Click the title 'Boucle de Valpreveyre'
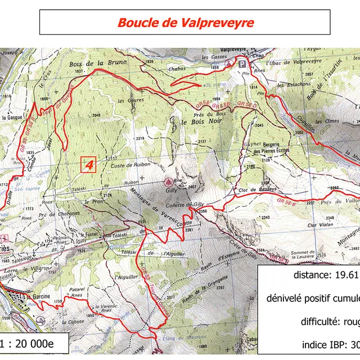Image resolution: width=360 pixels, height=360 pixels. pyautogui.click(x=185, y=23)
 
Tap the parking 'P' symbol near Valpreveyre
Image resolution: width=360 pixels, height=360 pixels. pyautogui.click(x=242, y=65)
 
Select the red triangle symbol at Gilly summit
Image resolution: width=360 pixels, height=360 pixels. pyautogui.click(x=168, y=182)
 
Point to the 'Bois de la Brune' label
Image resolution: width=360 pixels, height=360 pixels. pyautogui.click(x=93, y=64)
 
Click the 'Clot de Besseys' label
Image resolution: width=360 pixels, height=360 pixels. pyautogui.click(x=258, y=190)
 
